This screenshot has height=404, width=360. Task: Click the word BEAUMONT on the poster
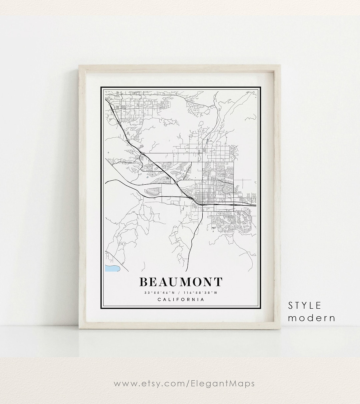click(180, 282)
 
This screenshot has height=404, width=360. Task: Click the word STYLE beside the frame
click(305, 305)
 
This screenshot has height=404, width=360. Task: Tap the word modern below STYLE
click(312, 318)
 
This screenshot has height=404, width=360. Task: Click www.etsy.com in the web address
click(148, 383)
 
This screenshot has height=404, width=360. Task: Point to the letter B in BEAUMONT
click(143, 282)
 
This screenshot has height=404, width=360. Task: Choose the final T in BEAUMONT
click(218, 282)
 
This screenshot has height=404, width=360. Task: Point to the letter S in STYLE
click(290, 305)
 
